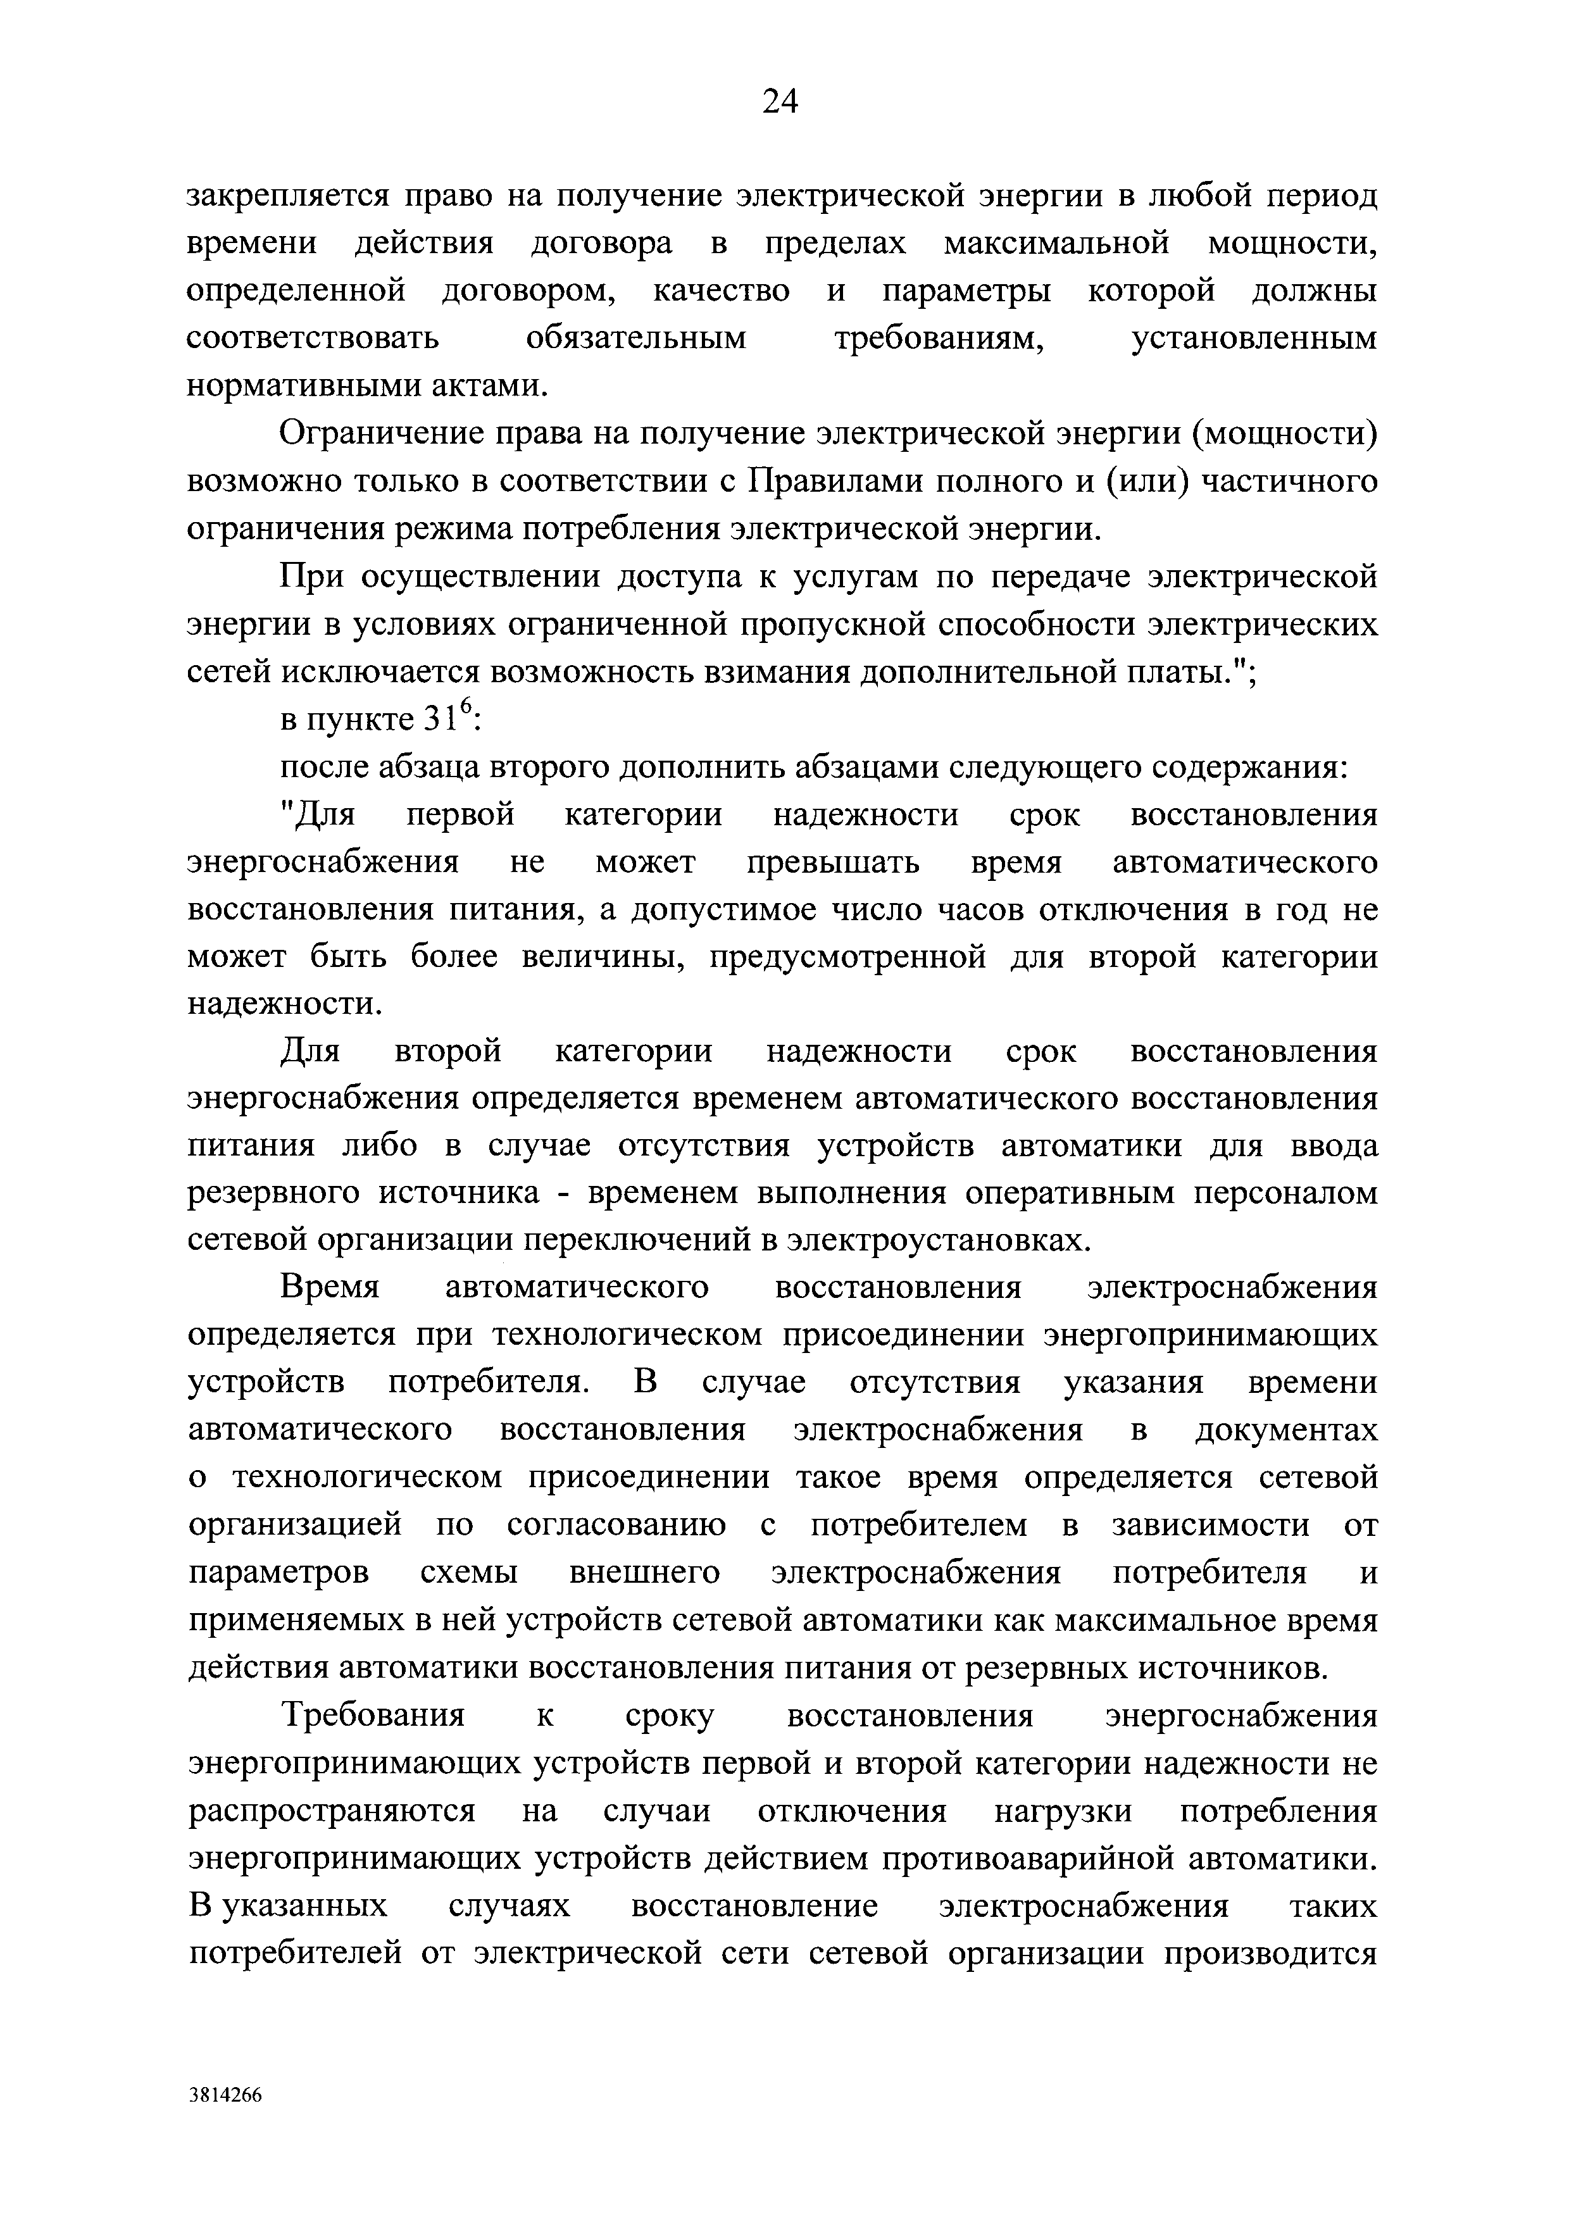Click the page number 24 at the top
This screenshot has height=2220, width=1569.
tap(779, 101)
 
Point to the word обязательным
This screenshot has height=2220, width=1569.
tap(636, 339)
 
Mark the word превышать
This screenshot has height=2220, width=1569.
tap(834, 861)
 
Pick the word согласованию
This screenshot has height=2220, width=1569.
tap(616, 1525)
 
